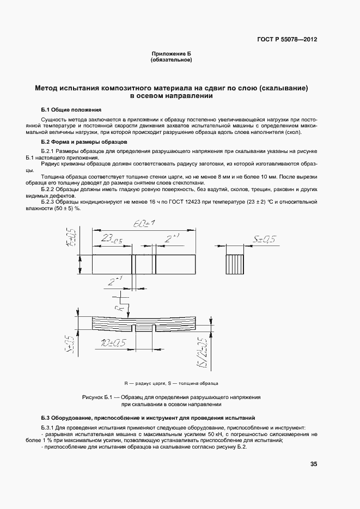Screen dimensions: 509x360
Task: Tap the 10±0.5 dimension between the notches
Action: coord(113,342)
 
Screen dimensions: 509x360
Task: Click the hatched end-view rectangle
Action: coord(235,264)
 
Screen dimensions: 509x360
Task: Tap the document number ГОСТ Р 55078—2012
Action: coord(286,39)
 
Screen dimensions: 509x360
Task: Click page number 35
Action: coord(313,464)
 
